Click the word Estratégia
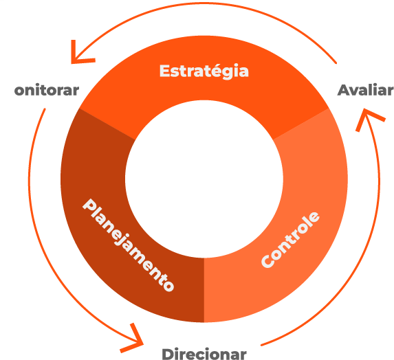204,71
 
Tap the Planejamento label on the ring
128,245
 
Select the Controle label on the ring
290,240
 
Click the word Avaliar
365,90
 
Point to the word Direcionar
204,354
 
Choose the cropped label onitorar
47,90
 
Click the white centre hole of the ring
204,179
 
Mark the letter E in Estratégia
164,71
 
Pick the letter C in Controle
267,262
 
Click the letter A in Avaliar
344,90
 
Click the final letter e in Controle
315,217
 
